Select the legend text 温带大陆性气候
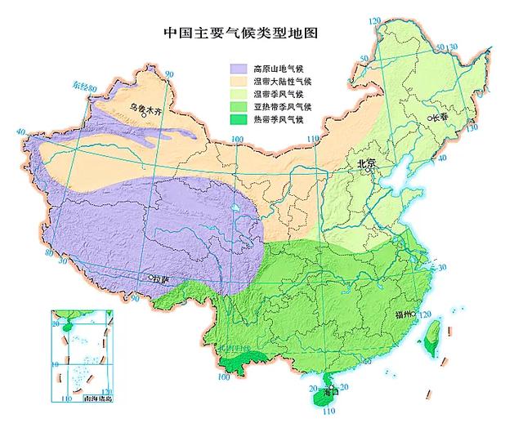279,82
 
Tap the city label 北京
365,163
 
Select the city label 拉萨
161,280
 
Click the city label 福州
404,314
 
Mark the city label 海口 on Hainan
329,392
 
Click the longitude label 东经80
81,87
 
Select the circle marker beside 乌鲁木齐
142,115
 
